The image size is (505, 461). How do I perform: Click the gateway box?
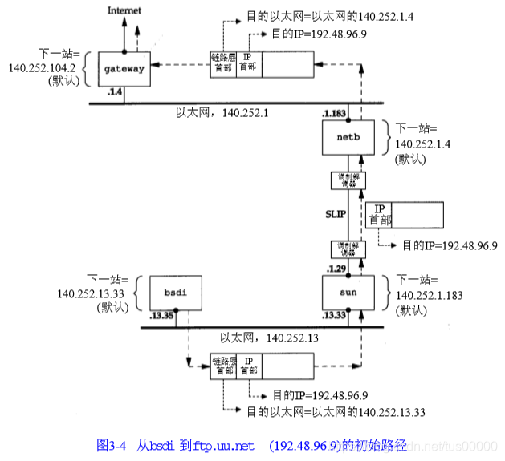pos(124,68)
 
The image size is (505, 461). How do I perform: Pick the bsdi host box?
pos(169,293)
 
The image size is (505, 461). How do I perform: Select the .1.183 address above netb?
pos(333,114)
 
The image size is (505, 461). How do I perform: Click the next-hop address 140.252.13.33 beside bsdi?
pos(92,293)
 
